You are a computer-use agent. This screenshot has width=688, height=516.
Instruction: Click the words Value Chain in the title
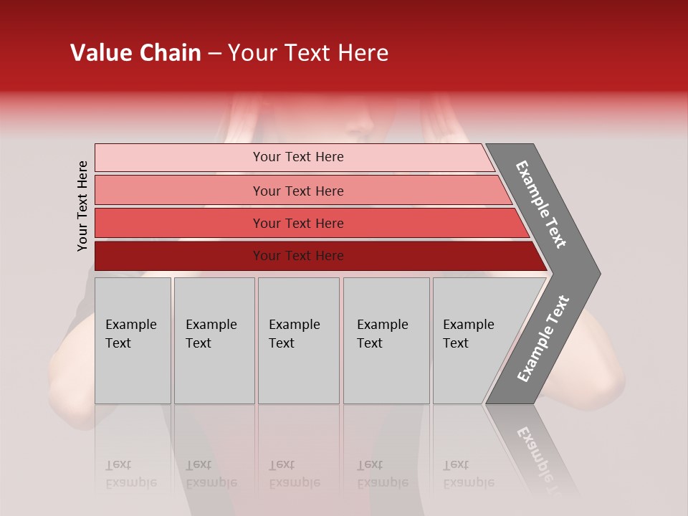(x=135, y=53)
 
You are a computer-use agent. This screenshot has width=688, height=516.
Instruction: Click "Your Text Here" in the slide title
(x=308, y=53)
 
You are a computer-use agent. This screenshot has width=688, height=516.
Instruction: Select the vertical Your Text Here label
(x=82, y=206)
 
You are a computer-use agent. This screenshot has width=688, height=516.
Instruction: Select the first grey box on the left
(x=133, y=340)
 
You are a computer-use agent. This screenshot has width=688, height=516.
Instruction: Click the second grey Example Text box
(x=214, y=340)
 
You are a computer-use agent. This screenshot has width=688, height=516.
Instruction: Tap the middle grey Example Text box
(x=298, y=340)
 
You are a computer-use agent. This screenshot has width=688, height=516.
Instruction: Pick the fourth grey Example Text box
(x=386, y=340)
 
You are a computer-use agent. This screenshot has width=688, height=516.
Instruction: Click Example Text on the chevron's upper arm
(x=541, y=204)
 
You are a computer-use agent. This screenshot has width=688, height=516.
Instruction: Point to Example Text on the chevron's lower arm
(x=543, y=338)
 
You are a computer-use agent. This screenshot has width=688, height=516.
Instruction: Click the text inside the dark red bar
(x=298, y=256)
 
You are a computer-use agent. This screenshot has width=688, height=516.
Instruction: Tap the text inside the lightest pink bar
(x=298, y=157)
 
